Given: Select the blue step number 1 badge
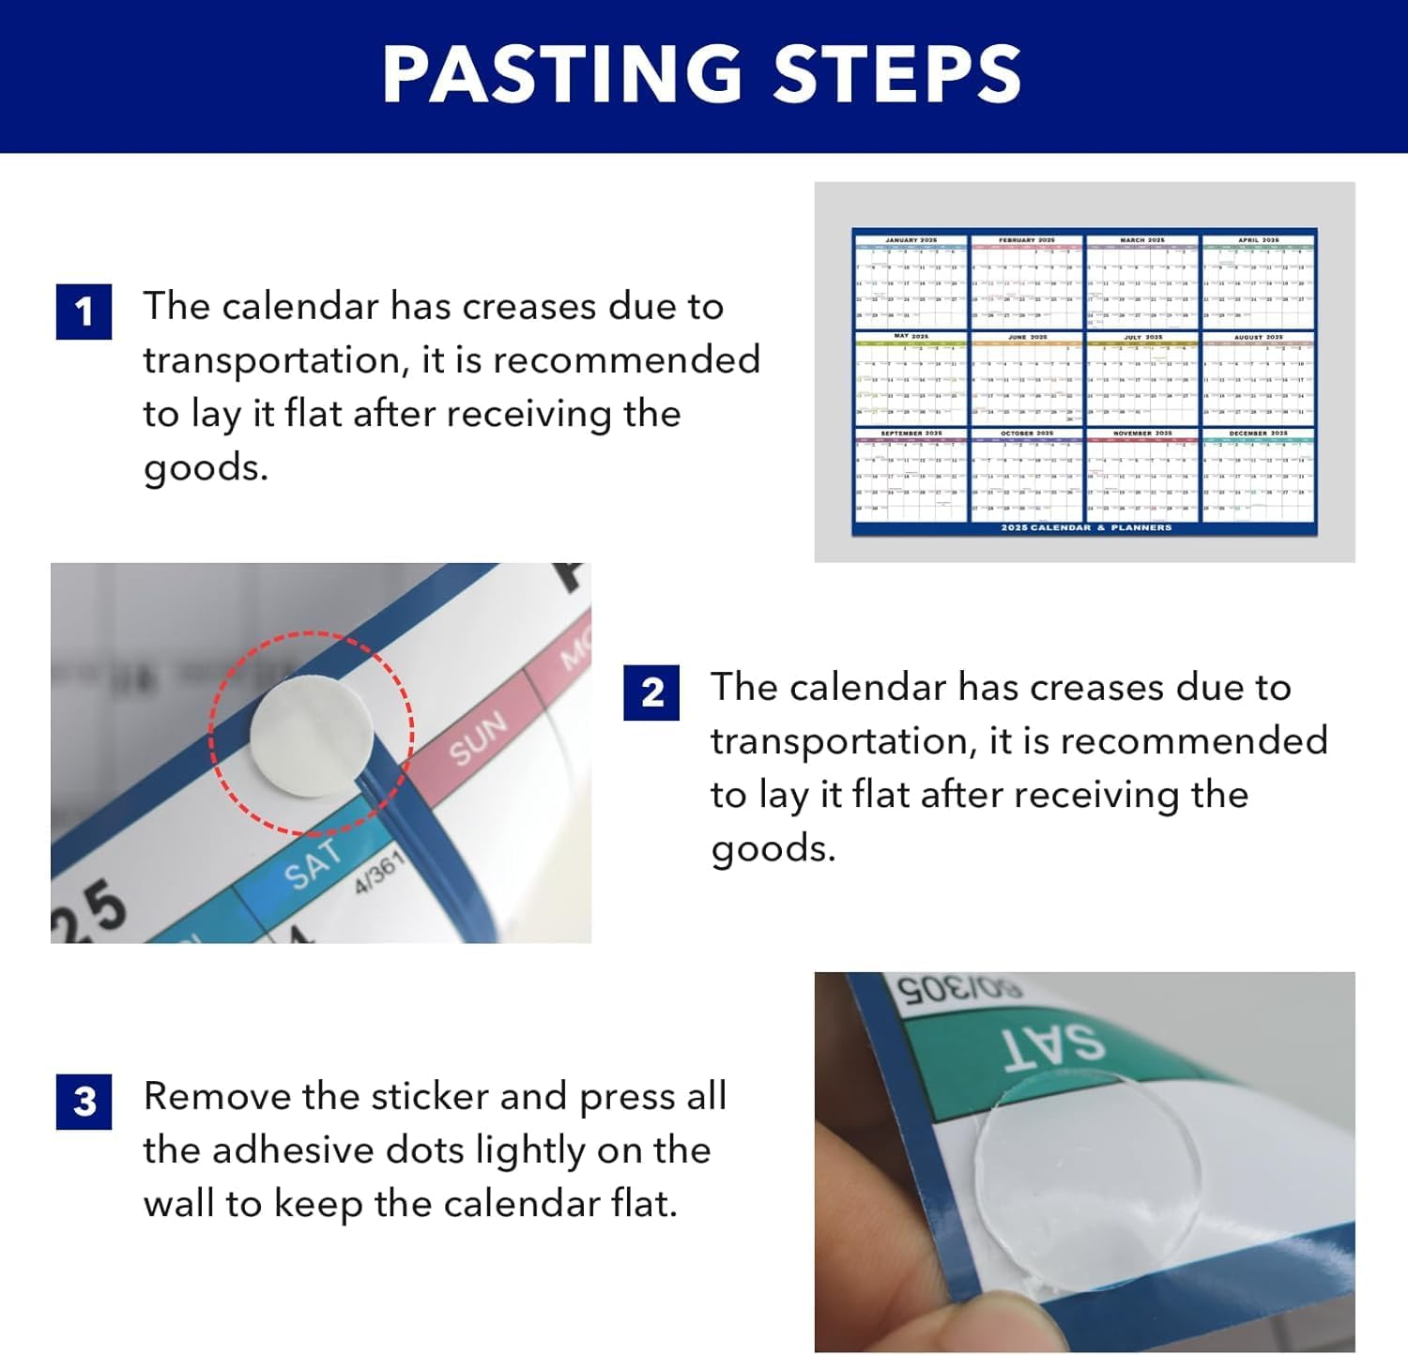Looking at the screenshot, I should [x=84, y=312].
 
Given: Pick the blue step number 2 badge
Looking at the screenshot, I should [x=651, y=693].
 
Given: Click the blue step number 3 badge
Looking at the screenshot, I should [x=84, y=1102].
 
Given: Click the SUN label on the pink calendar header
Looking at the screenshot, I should [x=478, y=738].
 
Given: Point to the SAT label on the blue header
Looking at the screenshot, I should [x=312, y=863].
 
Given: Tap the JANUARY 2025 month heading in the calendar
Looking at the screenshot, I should [x=911, y=240].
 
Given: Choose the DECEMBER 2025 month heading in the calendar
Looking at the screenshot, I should [x=1258, y=434].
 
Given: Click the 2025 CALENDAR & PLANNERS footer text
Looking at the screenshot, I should [x=1086, y=528].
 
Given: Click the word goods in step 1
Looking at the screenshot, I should [x=205, y=467].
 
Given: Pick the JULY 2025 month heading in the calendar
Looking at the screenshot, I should [x=1142, y=337].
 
